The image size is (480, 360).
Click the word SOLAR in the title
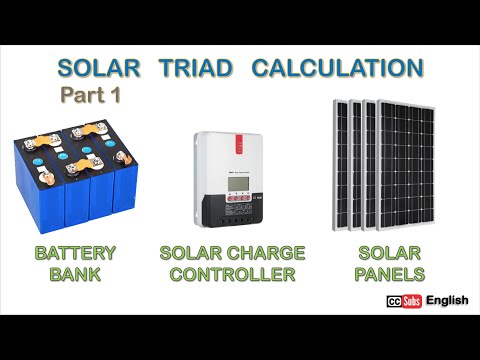pos(99,69)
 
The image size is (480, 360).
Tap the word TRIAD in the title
pos(195,69)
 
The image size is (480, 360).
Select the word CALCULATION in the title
pos(337,69)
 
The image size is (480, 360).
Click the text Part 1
pos(90,97)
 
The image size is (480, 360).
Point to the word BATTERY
pos(75,253)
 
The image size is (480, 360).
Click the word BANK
pos(75,274)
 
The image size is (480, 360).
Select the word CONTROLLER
pos(231,274)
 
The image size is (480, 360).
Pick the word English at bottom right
pos(446,301)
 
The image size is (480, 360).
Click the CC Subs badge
pos(403,302)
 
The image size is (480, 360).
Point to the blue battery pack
pos(74,180)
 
